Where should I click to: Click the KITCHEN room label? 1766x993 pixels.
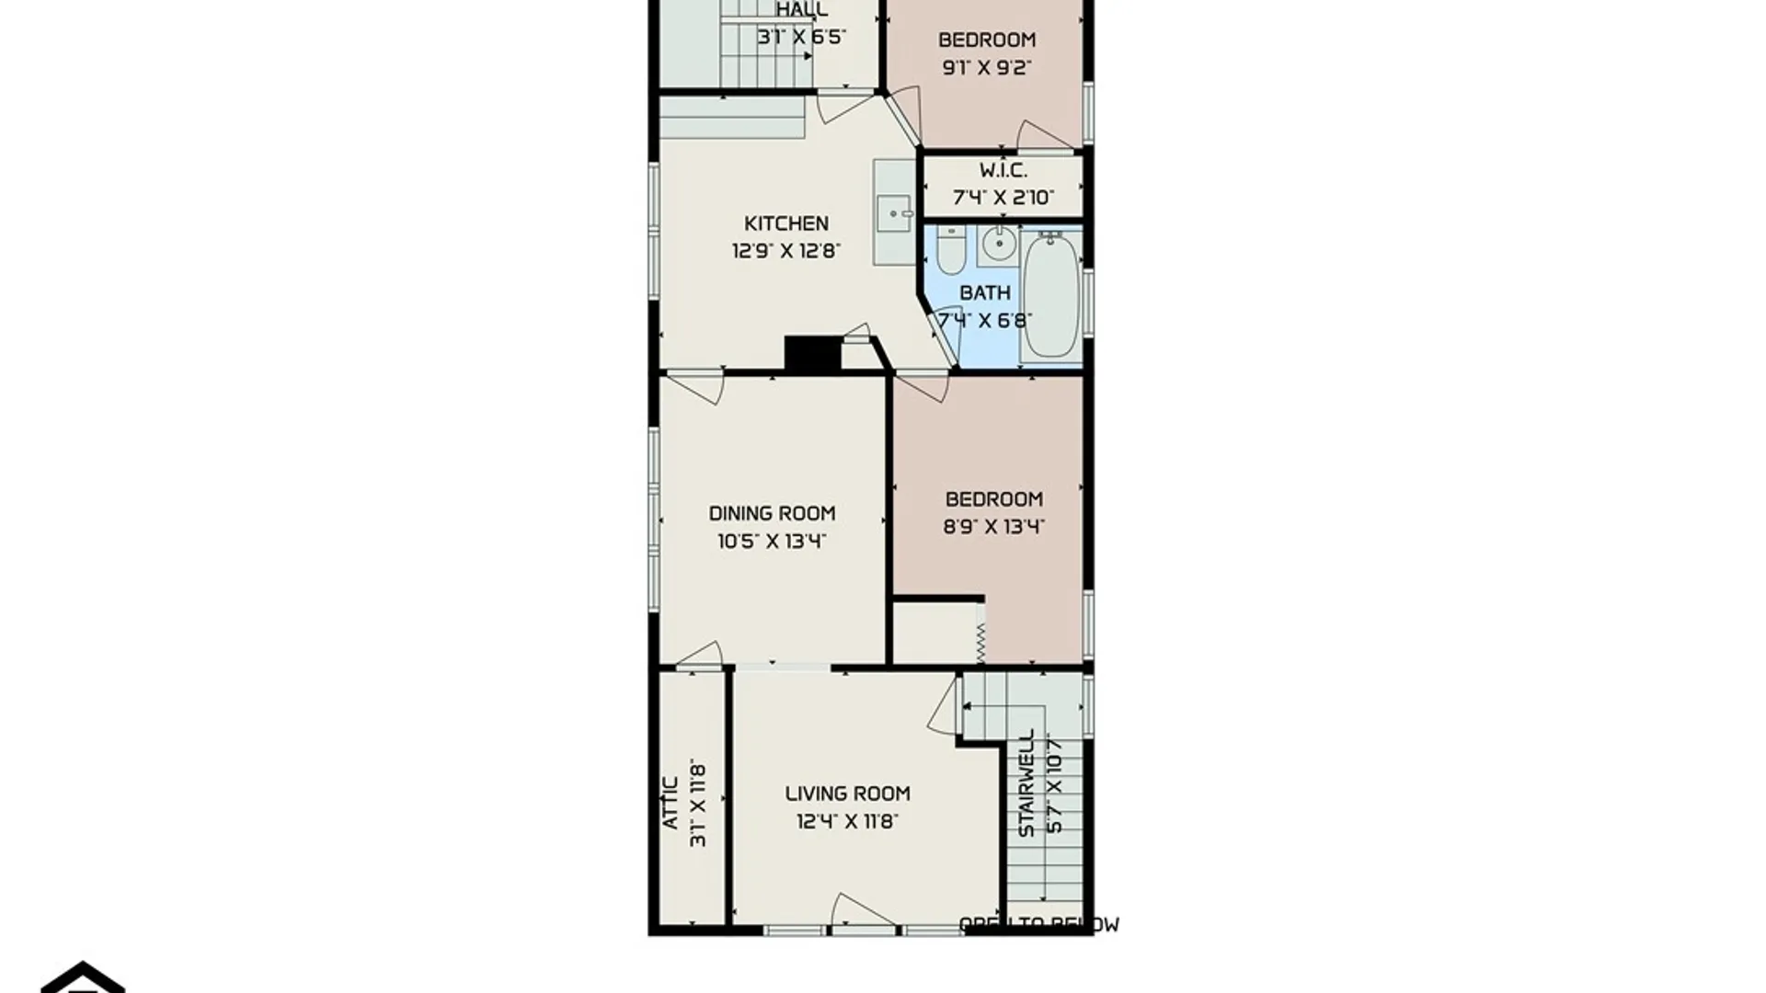pyautogui.click(x=786, y=223)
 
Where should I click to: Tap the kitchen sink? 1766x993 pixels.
pyautogui.click(x=892, y=213)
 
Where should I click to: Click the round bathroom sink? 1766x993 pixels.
pyautogui.click(x=998, y=245)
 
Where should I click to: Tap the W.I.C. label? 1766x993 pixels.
pyautogui.click(x=1003, y=170)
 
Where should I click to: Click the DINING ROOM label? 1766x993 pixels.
pyautogui.click(x=772, y=513)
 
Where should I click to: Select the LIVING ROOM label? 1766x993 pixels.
pyautogui.click(x=847, y=793)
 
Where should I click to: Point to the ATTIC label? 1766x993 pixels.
pyautogui.click(x=671, y=803)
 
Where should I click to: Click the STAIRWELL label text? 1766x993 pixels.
pyautogui.click(x=1026, y=783)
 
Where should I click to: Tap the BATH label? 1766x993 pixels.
pyautogui.click(x=984, y=292)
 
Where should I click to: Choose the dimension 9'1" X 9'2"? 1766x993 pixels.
pyautogui.click(x=986, y=67)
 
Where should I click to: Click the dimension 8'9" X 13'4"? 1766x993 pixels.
pyautogui.click(x=993, y=527)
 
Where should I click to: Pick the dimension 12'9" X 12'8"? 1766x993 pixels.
pyautogui.click(x=786, y=251)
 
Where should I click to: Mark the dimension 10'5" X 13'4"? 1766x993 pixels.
pyautogui.click(x=772, y=541)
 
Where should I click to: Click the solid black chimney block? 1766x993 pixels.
pyautogui.click(x=812, y=354)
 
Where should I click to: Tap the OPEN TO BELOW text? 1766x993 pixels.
pyautogui.click(x=1038, y=925)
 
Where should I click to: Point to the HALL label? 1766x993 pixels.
pyautogui.click(x=801, y=10)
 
